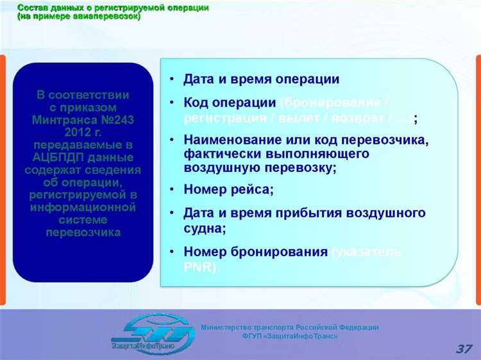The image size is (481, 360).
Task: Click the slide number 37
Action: pos(464,349)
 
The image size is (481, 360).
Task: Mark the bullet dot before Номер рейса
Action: pos(172,189)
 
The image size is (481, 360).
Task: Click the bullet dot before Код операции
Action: pos(172,103)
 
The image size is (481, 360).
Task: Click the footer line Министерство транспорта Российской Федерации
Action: pos(290,327)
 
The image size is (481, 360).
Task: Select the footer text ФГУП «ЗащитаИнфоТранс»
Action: pos(290,336)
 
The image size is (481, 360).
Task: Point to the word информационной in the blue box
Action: pos(83,207)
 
